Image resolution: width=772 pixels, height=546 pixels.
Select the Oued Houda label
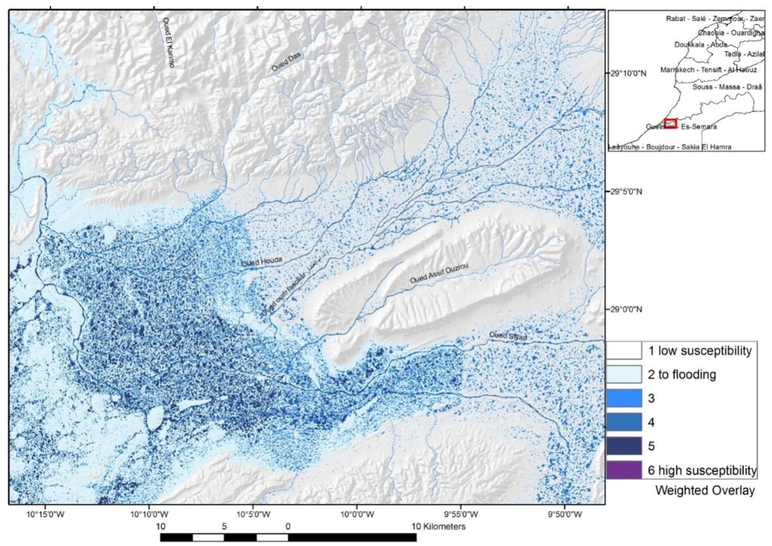[x=262, y=262]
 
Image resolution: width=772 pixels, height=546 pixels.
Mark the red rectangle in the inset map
[x=670, y=123]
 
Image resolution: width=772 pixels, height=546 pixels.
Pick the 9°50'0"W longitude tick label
[x=565, y=515]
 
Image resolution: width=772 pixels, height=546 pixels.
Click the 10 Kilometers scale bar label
[x=437, y=525]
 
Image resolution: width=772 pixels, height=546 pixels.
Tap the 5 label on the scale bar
[x=224, y=525]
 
